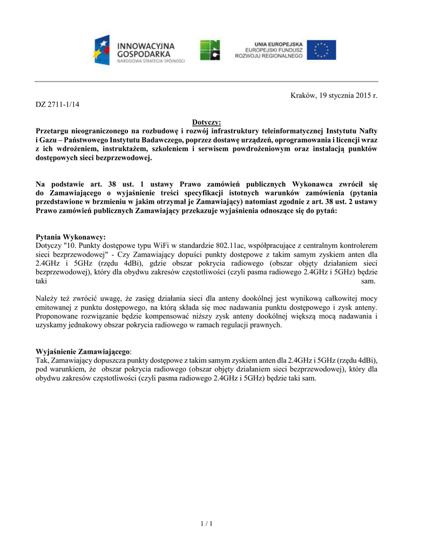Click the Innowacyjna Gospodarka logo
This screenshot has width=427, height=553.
[139, 50]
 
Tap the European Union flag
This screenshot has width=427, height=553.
[322, 50]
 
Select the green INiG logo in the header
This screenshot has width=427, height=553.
[210, 50]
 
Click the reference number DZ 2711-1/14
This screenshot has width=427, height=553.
[57, 104]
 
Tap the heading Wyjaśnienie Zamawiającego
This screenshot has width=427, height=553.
[83, 352]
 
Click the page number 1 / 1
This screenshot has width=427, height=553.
[207, 523]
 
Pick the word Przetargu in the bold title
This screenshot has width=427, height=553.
[53, 131]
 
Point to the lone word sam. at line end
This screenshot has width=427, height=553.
[369, 281]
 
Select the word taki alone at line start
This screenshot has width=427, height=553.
[42, 281]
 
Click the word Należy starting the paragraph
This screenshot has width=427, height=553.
[46, 299]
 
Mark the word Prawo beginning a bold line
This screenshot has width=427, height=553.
[47, 211]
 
